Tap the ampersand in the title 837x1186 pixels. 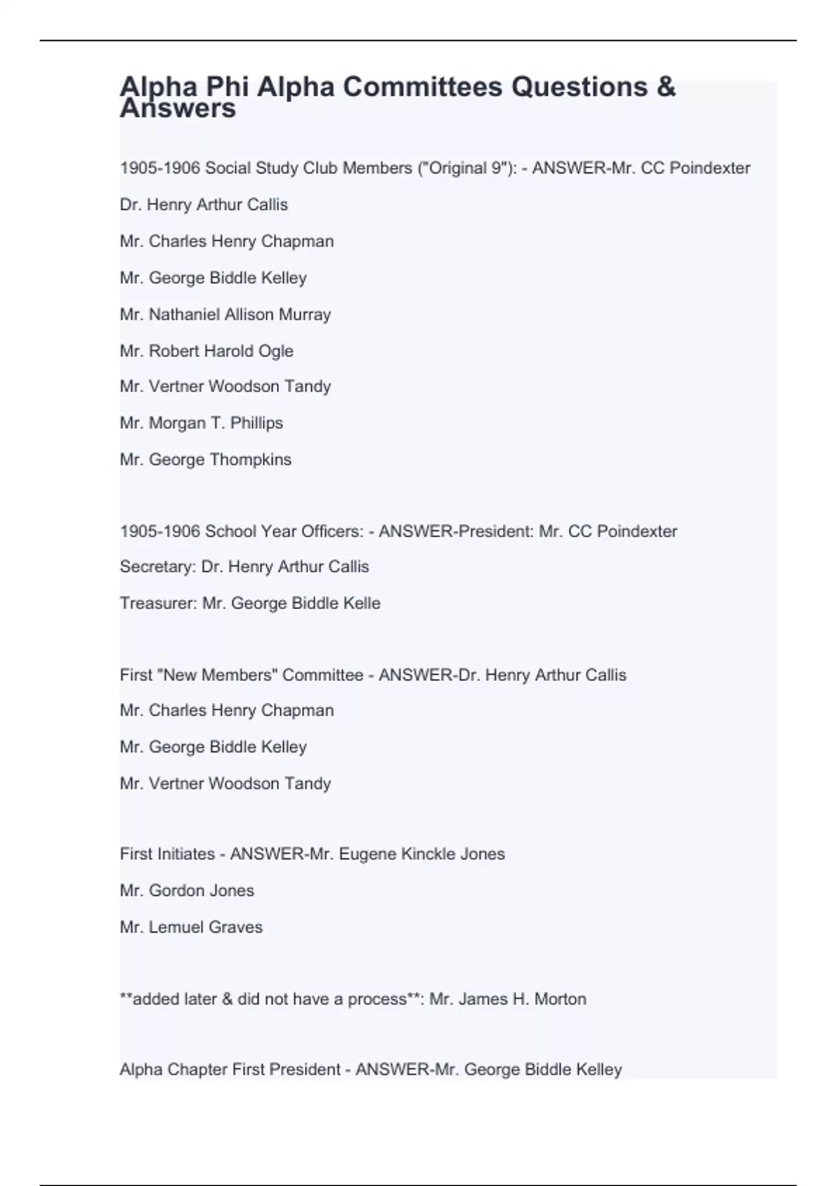[665, 87]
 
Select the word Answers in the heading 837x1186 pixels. [178, 110]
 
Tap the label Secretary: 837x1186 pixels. [158, 566]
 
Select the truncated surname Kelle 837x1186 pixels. [361, 603]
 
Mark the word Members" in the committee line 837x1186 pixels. [239, 675]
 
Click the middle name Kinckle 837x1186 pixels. [429, 854]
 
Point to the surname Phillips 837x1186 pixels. [257, 423]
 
